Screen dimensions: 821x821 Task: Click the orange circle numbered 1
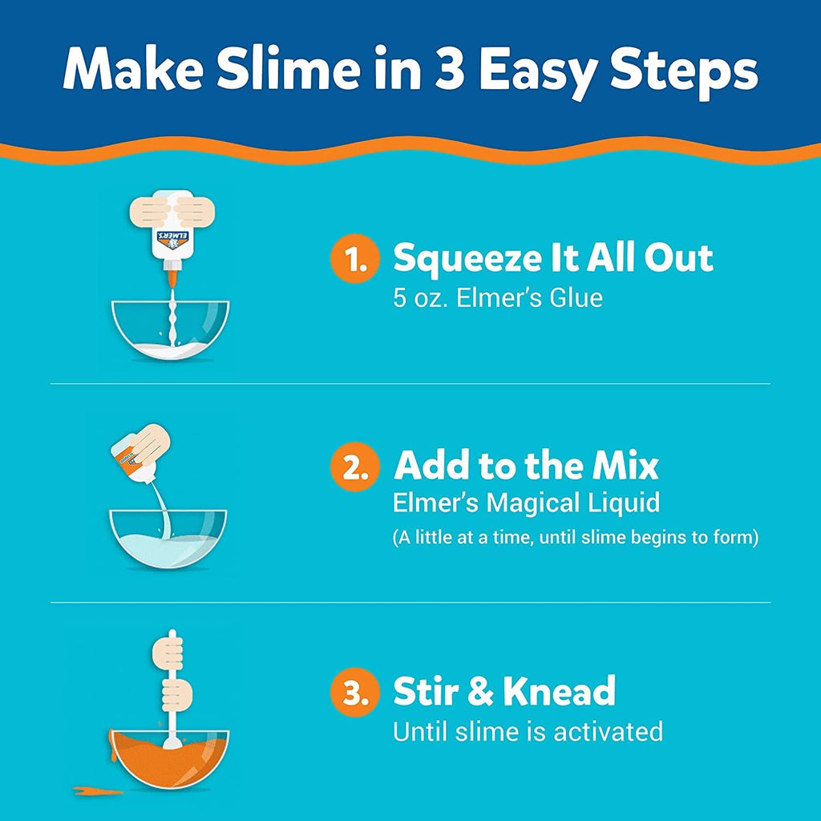[354, 260]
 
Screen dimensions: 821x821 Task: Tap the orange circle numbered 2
[354, 467]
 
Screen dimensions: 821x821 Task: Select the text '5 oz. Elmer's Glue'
[497, 298]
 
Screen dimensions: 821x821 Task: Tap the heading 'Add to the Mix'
[526, 466]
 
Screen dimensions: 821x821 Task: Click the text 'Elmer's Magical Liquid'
[526, 504]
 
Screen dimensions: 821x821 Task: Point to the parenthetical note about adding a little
[575, 537]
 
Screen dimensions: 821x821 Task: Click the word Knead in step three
[558, 692]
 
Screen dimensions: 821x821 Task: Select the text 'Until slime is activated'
[528, 731]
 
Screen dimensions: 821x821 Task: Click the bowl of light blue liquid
[168, 538]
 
